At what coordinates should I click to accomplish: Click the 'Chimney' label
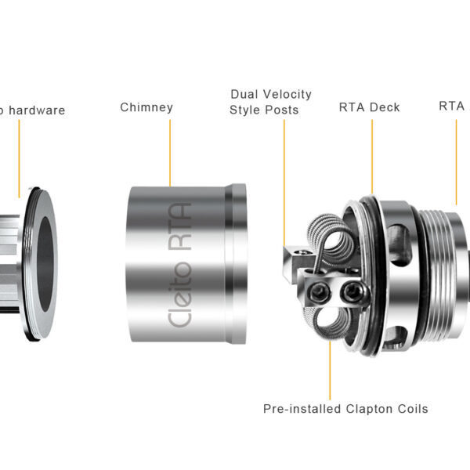pyautogui.click(x=146, y=107)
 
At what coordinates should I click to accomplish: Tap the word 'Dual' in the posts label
pyautogui.click(x=245, y=95)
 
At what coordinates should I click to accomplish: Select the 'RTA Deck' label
pyautogui.click(x=369, y=108)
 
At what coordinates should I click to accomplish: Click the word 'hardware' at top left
pyautogui.click(x=37, y=110)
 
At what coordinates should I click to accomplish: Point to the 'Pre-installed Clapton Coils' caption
pyautogui.click(x=345, y=409)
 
